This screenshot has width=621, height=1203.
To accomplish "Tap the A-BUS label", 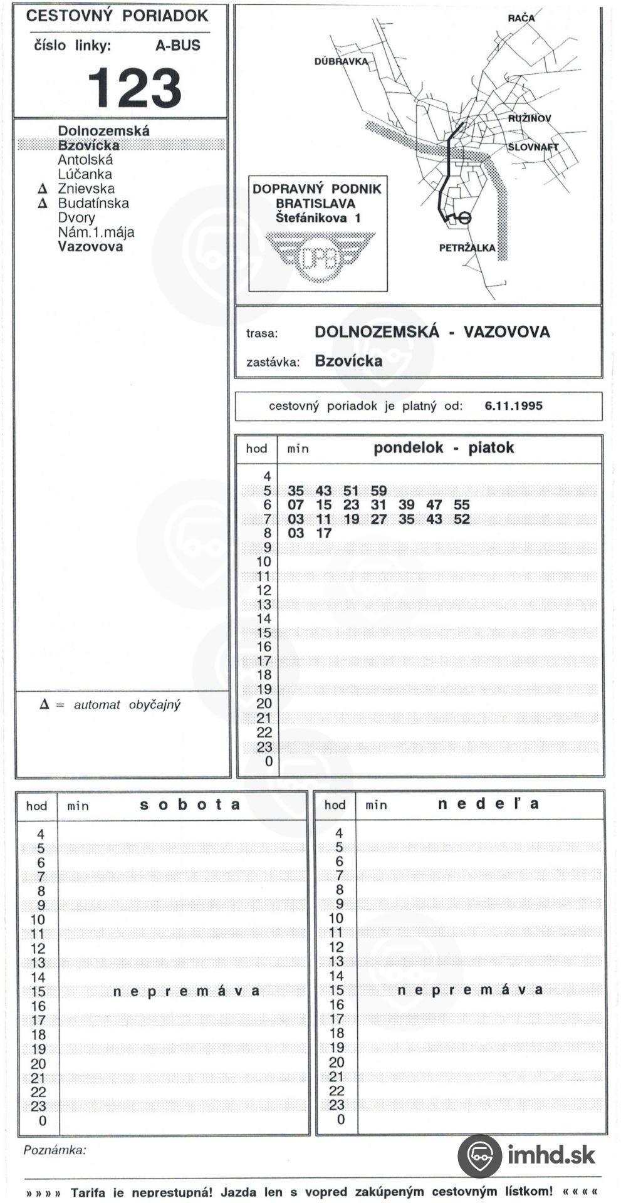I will [x=177, y=45].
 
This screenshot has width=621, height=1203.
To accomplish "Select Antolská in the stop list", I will [x=85, y=160].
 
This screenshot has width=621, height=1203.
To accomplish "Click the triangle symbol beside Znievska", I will [x=43, y=189].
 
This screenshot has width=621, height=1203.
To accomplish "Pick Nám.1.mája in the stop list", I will [x=96, y=232].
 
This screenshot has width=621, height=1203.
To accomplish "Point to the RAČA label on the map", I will [x=521, y=18].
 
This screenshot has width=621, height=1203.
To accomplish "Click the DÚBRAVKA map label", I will [x=340, y=62].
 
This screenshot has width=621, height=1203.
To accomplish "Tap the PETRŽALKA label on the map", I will [x=467, y=248].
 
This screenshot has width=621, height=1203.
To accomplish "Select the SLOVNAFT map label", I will [x=533, y=147].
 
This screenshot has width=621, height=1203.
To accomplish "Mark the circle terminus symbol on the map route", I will [x=463, y=217].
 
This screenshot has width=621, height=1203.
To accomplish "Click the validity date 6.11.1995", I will [x=513, y=405].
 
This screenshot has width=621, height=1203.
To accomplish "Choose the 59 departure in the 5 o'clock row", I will [x=378, y=491].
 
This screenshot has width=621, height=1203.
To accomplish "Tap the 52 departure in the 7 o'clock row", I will [x=461, y=519].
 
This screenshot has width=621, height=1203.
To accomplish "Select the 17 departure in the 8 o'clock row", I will [x=323, y=533].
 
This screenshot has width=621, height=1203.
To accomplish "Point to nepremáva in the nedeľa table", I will [x=469, y=990].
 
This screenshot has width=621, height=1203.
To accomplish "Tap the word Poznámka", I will [x=55, y=1150].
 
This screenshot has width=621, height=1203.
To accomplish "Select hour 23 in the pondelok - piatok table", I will [x=264, y=747].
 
